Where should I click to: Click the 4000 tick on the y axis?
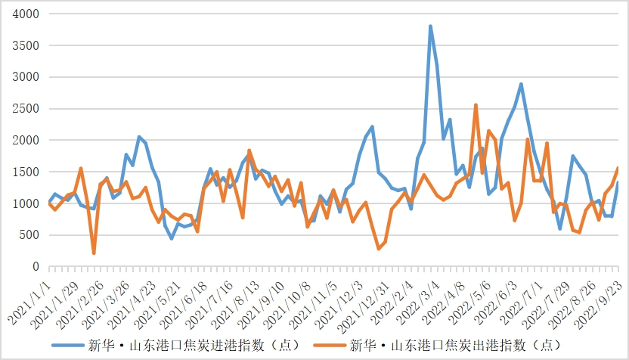[x=26, y=14]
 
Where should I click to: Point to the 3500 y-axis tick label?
[x=26, y=45]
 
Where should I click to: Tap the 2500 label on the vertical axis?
[x=26, y=109]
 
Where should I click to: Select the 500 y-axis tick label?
[x=29, y=235]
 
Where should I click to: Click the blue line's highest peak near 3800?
[x=430, y=26]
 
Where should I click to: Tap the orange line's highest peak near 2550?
[x=476, y=105]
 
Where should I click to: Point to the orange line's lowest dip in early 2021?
[x=94, y=253]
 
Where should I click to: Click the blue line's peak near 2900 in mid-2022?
[x=521, y=84]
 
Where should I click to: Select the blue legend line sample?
[x=67, y=346]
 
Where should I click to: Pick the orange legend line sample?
[x=328, y=346]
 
